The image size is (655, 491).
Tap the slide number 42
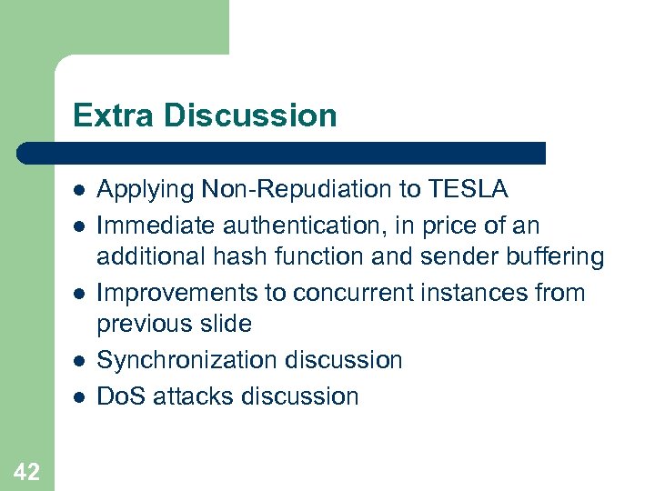[x=26, y=471]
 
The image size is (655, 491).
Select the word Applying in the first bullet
[x=146, y=189]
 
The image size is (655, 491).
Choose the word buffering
[x=556, y=257]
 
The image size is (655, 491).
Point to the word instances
[x=484, y=293]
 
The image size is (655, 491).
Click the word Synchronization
[x=188, y=361]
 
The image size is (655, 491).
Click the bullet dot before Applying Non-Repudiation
[x=80, y=190]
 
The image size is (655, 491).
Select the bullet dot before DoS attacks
[x=80, y=396]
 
